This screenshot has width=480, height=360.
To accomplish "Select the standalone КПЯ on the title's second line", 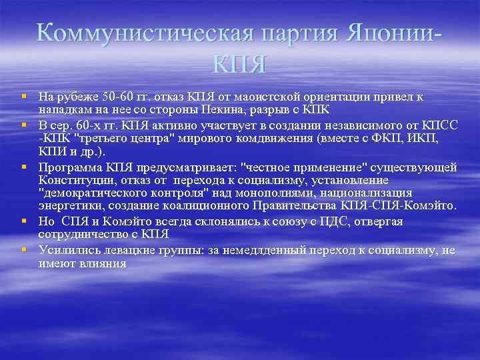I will [x=240, y=65].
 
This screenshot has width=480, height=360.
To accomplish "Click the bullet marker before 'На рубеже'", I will [x=23, y=97].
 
